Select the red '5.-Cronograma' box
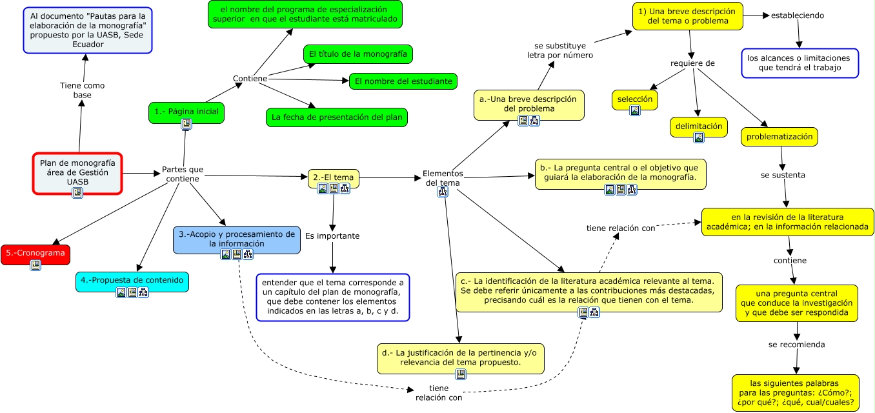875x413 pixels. coord(35,252)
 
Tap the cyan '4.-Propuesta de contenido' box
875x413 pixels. coord(132,280)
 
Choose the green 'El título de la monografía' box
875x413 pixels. coord(358,54)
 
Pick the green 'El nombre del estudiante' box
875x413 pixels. coord(403,81)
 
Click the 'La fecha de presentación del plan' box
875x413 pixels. coord(337,117)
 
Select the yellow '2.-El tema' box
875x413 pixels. coord(333,177)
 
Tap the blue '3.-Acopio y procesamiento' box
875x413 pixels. coord(237,239)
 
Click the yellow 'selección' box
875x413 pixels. coord(635,99)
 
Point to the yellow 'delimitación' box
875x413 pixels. coord(699,126)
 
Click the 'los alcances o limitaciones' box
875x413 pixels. coord(800,63)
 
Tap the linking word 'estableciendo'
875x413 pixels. coord(798,15)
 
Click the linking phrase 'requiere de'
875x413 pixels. coord(693,63)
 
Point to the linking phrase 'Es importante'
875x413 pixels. coord(332,236)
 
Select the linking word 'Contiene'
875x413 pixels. coord(250,79)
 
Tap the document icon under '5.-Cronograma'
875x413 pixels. coord(35,265)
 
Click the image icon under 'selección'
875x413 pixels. coord(635,110)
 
